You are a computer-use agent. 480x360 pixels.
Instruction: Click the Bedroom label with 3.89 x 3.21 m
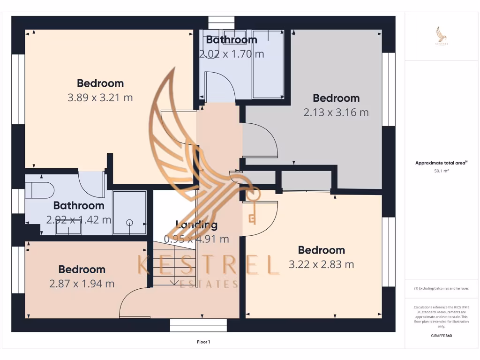click(x=100, y=83)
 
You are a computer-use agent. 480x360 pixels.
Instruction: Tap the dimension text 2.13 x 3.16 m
click(x=336, y=112)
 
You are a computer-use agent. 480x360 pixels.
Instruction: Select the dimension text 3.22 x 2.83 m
click(x=321, y=264)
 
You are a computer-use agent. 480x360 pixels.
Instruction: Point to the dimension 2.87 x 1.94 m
click(x=82, y=284)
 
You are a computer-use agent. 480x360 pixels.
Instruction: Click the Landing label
click(x=196, y=225)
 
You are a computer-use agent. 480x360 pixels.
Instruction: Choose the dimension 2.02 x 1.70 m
click(x=232, y=54)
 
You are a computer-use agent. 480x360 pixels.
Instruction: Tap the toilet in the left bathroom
click(x=39, y=190)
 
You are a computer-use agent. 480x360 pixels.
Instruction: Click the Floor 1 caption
click(x=203, y=342)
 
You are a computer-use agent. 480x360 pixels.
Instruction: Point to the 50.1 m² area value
click(x=441, y=171)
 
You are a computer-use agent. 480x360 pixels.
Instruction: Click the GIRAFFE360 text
click(x=441, y=336)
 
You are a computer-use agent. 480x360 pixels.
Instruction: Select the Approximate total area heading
click(x=441, y=163)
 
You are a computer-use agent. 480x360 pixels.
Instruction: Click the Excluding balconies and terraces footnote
click(x=441, y=288)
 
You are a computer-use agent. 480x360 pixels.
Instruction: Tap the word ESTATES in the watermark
click(x=209, y=285)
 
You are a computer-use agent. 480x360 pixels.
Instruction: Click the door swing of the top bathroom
click(x=220, y=84)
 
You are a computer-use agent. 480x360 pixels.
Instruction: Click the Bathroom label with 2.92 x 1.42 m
click(x=79, y=205)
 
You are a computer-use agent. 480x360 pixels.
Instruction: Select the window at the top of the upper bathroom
click(x=221, y=23)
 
